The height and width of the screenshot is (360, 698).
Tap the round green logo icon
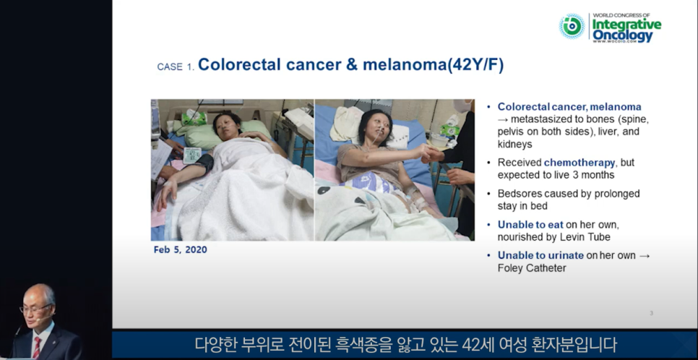[x=572, y=26]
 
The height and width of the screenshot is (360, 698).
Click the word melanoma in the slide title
[x=405, y=64]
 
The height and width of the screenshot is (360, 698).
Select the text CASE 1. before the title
[x=176, y=67]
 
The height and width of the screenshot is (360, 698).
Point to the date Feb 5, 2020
[x=181, y=249]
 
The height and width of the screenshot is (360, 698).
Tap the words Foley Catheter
[x=532, y=268]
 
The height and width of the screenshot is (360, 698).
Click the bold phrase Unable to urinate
[x=540, y=255]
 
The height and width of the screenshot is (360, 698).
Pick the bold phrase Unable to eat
[x=530, y=225]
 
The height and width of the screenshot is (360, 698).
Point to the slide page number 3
[x=651, y=313]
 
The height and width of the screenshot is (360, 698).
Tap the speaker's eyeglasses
[x=35, y=308]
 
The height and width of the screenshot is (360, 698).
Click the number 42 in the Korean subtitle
[x=471, y=344]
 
